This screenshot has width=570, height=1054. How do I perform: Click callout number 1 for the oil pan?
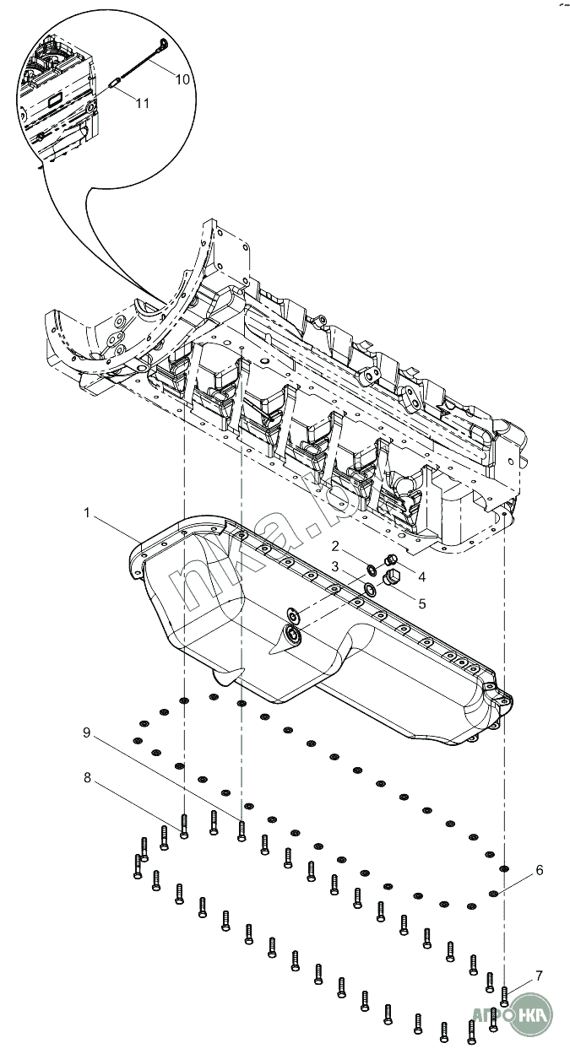coord(87,512)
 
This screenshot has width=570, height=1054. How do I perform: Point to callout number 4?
coord(421,576)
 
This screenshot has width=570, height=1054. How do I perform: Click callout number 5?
coord(421,603)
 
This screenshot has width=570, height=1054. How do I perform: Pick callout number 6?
coord(540,870)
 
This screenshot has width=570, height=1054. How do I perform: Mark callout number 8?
coord(87,778)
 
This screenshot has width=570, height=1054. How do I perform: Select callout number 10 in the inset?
coord(182,79)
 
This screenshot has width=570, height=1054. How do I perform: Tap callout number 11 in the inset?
coord(142,103)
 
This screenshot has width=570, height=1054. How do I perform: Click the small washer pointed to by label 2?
coord(371,570)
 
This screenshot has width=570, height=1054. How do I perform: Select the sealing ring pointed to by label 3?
coord(371,588)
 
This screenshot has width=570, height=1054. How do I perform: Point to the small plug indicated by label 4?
coord(390,560)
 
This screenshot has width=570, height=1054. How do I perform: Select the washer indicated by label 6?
coord(493,893)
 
